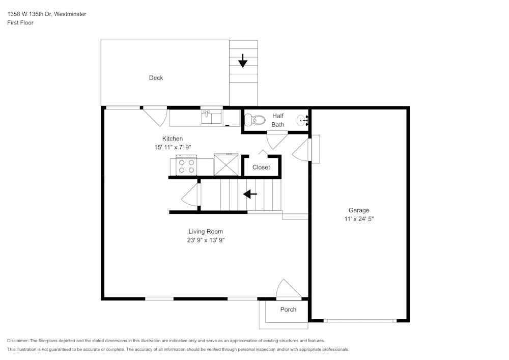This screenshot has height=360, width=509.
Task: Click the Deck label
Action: (x=156, y=78)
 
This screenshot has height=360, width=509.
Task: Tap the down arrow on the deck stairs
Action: (x=243, y=61)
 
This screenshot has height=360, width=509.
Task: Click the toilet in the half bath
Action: (x=254, y=121)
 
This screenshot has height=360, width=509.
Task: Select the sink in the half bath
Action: (x=303, y=121)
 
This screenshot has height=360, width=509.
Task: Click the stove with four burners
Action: (x=186, y=166)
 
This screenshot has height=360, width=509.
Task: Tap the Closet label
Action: (x=261, y=167)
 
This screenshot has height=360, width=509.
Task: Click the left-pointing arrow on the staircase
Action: (x=250, y=194)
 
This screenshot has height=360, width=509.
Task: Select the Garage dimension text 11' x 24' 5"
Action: (x=359, y=219)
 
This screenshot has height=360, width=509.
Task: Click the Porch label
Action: (x=288, y=310)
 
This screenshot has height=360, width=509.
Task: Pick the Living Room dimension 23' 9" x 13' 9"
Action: (x=206, y=240)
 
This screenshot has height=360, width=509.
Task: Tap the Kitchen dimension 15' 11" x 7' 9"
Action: (x=173, y=147)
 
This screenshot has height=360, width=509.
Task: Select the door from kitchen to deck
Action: (x=155, y=116)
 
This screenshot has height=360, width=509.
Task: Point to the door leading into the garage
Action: (x=303, y=150)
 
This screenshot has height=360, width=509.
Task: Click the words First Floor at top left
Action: (x=20, y=23)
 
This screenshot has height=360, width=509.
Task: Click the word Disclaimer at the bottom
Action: (x=18, y=341)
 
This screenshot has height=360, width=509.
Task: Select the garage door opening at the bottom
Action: (x=359, y=321)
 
